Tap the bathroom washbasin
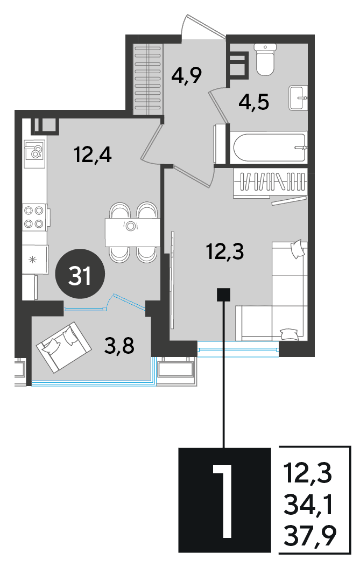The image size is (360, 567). coord(298,97)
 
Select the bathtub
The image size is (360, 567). coord(269,148)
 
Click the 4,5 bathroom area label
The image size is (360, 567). coord(254,103)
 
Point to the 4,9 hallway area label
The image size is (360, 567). coord(186,75)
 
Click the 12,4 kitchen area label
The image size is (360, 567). coord(93,155)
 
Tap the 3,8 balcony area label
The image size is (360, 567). coord(119,346)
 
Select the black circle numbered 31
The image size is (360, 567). coord(80,274)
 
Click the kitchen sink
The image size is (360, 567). coord(34,154)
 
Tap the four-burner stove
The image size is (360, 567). coord(34,217)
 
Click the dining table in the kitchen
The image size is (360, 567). coord(132,232)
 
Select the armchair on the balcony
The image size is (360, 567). coord(63,347)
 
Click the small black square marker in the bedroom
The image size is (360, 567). coord(224,295)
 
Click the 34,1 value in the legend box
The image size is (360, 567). coord(308,505)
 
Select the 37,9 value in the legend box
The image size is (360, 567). coord(310,536)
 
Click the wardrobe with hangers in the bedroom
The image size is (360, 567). coord(270,182)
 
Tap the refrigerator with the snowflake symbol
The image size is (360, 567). coord(35,260)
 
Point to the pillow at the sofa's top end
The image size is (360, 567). coord(298,248)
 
